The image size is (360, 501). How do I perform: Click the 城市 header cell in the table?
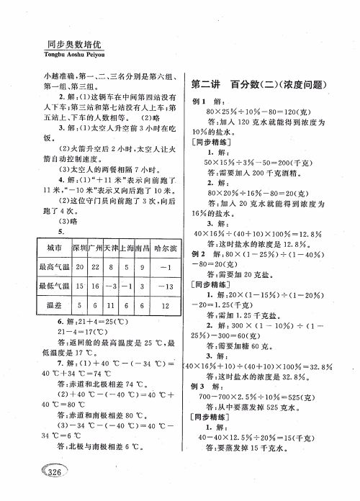pos(49,248)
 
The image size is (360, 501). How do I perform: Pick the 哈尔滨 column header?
pos(165,248)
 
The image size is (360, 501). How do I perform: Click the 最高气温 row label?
pos(53,267)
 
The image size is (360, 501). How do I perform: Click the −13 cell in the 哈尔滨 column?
pos(165,286)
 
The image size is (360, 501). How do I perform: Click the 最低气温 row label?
pos(53,286)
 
